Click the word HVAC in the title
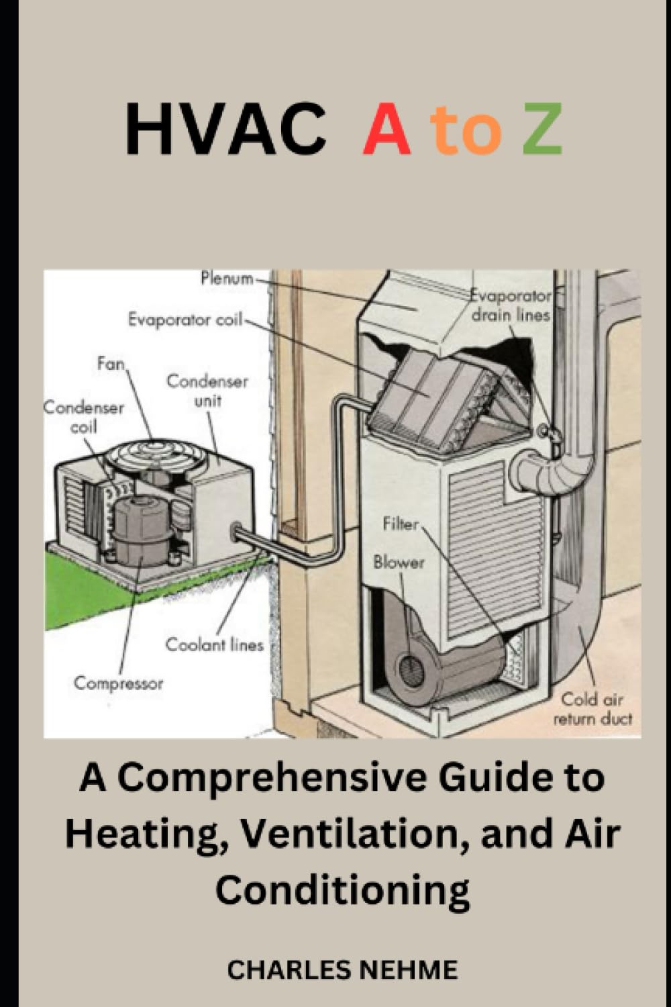pyautogui.click(x=225, y=130)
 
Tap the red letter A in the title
pyautogui.click(x=386, y=130)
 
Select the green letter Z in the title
pyautogui.click(x=542, y=130)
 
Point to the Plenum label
pyautogui.click(x=227, y=278)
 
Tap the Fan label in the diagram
pyautogui.click(x=111, y=364)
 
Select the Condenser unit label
pyautogui.click(x=207, y=391)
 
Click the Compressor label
pyautogui.click(x=119, y=683)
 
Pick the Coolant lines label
pyautogui.click(x=215, y=644)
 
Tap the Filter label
pyautogui.click(x=401, y=524)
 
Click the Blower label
pyautogui.click(x=399, y=562)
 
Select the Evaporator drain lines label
pyautogui.click(x=510, y=305)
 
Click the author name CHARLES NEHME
pyautogui.click(x=342, y=969)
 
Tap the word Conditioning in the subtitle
pyautogui.click(x=342, y=890)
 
